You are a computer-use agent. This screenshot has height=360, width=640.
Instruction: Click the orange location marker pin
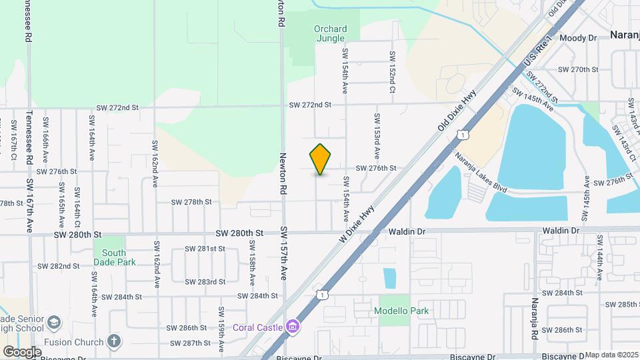321,159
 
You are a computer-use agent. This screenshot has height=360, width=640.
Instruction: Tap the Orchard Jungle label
330,33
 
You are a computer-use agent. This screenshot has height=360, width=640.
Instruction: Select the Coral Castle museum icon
291,327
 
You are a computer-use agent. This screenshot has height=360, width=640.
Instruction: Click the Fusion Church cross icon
114,341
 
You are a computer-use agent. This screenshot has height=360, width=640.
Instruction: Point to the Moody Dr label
578,38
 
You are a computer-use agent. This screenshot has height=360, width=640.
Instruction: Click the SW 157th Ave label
283,253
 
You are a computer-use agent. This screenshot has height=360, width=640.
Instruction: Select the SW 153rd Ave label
377,135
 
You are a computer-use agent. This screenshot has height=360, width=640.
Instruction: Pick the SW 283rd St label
205,282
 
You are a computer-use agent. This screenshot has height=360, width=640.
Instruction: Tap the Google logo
22,351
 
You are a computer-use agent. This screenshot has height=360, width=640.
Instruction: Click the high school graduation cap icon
54,324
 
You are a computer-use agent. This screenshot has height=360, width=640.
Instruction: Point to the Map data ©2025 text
611,355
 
